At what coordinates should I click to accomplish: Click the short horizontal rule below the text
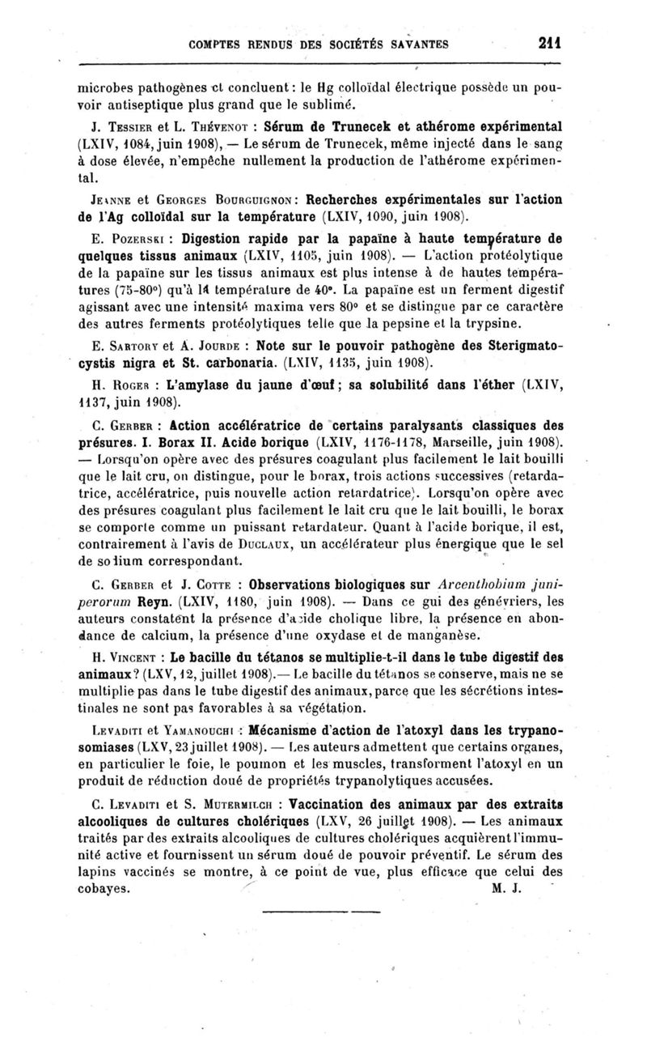tap(322, 912)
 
